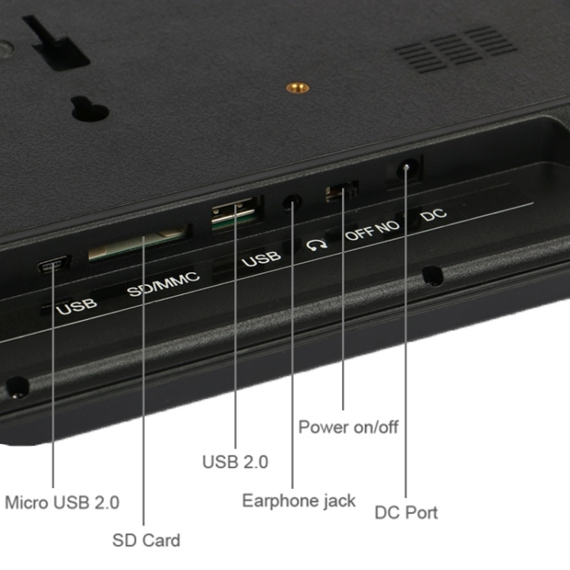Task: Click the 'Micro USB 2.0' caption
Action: [62, 503]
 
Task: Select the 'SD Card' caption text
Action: [146, 540]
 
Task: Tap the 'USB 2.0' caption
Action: [235, 462]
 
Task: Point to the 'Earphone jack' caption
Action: [299, 501]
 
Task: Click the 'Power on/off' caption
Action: [348, 427]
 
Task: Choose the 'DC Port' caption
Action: [406, 512]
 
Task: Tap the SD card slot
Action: [138, 242]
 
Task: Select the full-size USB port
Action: [235, 214]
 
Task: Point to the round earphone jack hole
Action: [293, 202]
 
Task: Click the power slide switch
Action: [342, 191]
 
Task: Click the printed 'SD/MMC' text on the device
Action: [163, 284]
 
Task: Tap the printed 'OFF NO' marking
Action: [372, 230]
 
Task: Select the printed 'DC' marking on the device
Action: [434, 215]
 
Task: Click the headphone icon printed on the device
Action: [317, 245]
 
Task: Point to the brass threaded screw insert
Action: [298, 87]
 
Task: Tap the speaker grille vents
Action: [456, 49]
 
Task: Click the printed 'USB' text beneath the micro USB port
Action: [77, 307]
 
